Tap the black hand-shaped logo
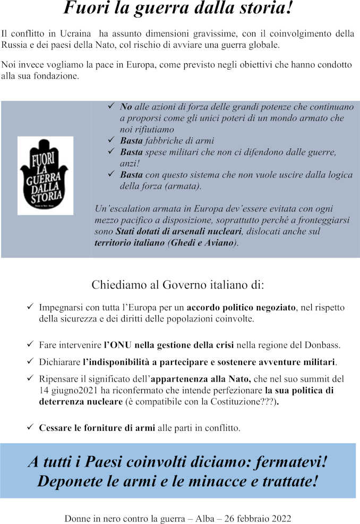click(45, 176)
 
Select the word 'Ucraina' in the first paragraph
click(78, 33)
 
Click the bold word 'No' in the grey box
click(126, 107)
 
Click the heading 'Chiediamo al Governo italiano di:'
click(177, 284)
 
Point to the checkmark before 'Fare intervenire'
click(30, 345)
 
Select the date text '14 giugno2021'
click(64, 391)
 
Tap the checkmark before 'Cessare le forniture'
click(30, 427)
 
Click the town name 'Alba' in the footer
click(205, 518)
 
